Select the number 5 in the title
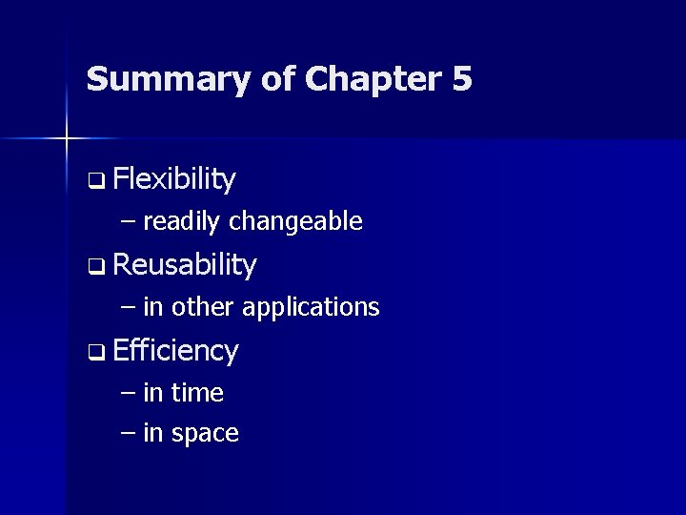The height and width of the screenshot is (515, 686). pos(462,79)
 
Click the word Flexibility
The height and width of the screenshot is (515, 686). pos(173,178)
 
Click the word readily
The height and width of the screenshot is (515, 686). pos(182,222)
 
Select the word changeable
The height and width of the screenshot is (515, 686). pos(296,222)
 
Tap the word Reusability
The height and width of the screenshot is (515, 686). pos(184,265)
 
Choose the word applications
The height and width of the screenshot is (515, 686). pos(311,308)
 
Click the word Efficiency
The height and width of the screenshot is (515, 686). pos(174,350)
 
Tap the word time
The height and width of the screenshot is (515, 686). pos(197,393)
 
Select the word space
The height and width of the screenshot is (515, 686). pos(205,434)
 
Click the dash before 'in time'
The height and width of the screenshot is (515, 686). pos(130,393)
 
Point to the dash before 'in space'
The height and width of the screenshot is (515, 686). pos(130,433)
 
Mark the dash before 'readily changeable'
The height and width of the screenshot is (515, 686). pos(130,222)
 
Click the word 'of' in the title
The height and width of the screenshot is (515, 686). pos(278,79)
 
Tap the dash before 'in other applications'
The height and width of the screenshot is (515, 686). pos(130,307)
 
